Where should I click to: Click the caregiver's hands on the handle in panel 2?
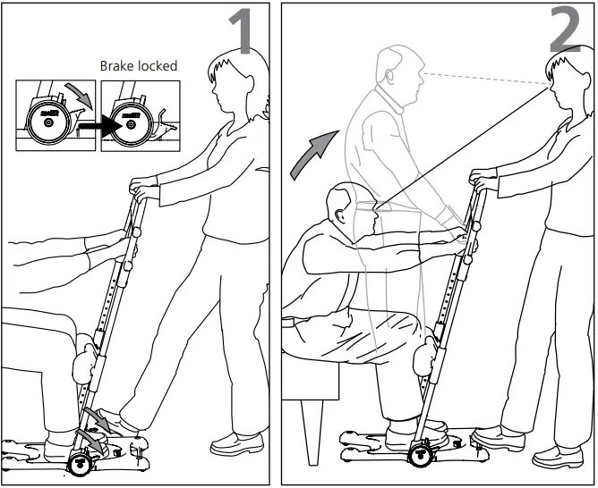click(483, 181)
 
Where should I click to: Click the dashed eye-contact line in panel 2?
click(483, 76)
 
